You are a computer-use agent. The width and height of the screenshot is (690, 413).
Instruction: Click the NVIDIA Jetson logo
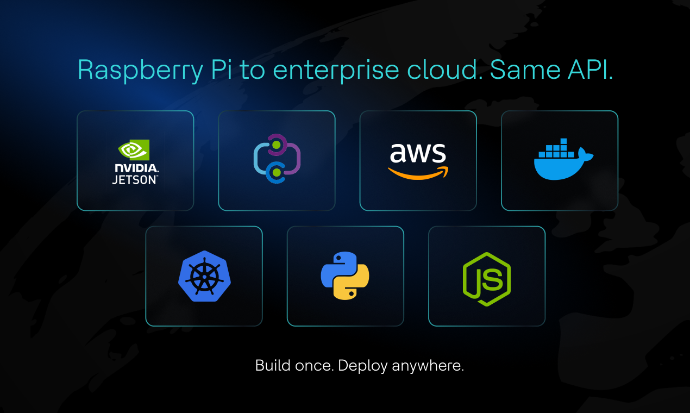[135, 161]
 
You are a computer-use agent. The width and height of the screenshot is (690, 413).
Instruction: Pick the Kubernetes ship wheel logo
[204, 276]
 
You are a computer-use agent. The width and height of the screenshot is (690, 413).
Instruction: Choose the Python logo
[345, 276]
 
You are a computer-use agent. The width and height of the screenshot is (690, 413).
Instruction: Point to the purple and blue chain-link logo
[277, 159]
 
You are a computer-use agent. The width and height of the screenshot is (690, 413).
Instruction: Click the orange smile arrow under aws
[418, 172]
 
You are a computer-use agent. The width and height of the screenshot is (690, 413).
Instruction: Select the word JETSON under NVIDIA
[135, 179]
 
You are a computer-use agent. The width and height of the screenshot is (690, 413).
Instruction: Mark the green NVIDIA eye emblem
[134, 150]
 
